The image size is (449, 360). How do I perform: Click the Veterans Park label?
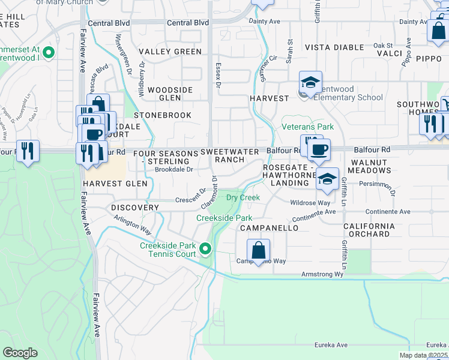click(308, 127)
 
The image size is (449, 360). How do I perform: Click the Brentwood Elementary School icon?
click(311, 83)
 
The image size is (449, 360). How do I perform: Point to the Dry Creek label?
click(243, 197)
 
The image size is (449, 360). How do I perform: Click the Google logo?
click(20, 353)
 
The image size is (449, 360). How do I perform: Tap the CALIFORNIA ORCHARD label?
click(361, 230)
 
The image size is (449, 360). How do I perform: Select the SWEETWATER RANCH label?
click(230, 156)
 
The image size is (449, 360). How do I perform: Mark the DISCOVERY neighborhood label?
click(135, 208)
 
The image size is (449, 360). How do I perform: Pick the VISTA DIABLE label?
click(334, 47)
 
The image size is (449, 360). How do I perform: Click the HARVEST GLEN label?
click(115, 184)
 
